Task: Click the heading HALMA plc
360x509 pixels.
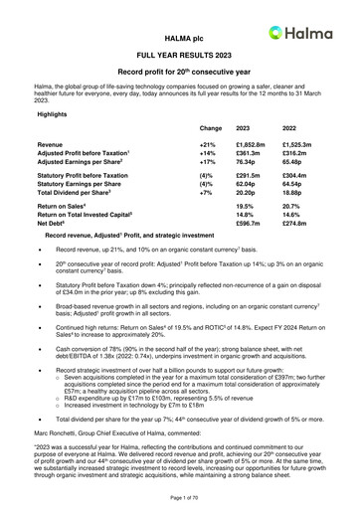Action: [x=180, y=34]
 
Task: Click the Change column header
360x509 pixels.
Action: [x=210, y=129]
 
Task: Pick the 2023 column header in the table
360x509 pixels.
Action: [x=244, y=129]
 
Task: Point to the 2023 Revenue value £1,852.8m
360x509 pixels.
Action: [x=251, y=145]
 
